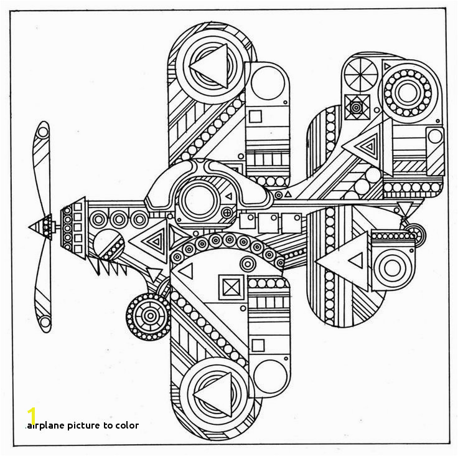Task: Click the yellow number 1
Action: pos(32,416)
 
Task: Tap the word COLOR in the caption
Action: pos(127,425)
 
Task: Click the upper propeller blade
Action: pos(42,168)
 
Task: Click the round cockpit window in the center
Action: pos(199,200)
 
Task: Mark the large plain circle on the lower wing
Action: pos(270,377)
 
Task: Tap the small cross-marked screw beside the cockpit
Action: pos(227,212)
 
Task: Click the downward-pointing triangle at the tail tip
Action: pos(406,209)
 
